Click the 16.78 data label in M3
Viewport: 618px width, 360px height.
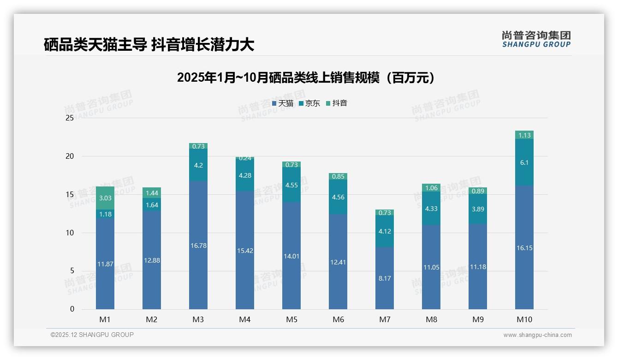pos(198,246)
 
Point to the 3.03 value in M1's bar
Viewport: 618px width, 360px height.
pos(105,198)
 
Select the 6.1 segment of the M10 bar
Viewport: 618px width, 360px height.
pos(524,162)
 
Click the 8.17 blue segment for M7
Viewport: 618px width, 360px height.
pos(385,278)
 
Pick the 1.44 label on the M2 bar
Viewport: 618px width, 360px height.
pos(152,193)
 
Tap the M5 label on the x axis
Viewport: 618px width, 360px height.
pos(291,319)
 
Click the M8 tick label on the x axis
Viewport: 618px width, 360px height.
pos(431,319)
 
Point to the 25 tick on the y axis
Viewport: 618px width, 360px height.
pos(70,118)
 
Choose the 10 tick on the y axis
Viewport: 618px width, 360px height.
pos(70,233)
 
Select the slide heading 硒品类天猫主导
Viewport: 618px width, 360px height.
pos(149,45)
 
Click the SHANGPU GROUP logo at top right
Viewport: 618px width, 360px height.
pos(536,39)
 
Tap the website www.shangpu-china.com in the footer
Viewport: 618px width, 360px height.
pos(537,335)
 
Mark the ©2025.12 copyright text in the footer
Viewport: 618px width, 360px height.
pos(92,335)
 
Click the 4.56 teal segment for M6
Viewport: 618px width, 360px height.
pos(338,197)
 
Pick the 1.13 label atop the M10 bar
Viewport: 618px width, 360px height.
pos(524,135)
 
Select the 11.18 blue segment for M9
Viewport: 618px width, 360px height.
pos(478,267)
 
